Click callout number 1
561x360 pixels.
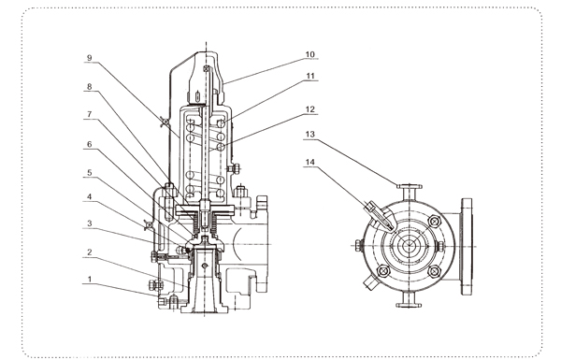click(90, 280)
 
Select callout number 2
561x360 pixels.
click(90, 252)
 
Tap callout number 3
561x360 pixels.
click(90, 223)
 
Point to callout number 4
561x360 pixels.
click(90, 196)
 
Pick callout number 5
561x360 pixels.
click(90, 172)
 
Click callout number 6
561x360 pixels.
click(90, 144)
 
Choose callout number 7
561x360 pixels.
click(90, 114)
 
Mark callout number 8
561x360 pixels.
click(90, 86)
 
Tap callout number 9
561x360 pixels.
click(90, 58)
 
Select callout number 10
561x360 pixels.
click(310, 54)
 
